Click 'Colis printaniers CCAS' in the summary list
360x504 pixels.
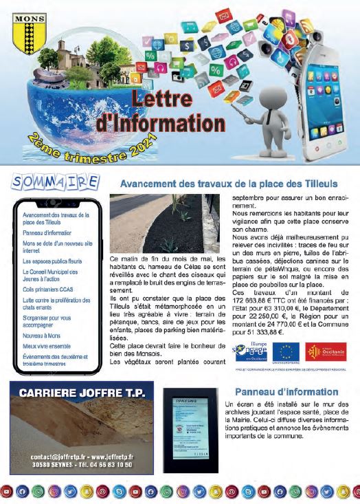46,289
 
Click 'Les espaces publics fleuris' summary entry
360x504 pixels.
52,261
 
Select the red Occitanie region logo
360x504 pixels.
326,351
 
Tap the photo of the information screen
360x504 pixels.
192,426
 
